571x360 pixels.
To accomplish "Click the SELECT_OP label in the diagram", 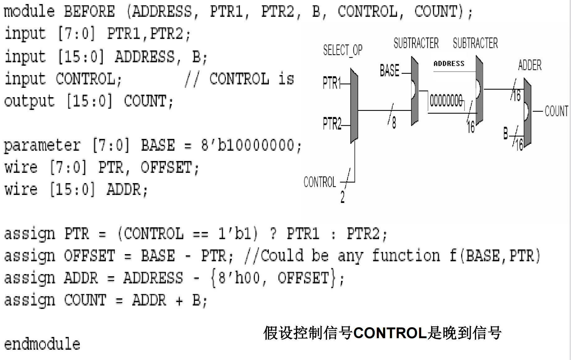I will (x=343, y=50).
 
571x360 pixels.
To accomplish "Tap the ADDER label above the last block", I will (x=530, y=65).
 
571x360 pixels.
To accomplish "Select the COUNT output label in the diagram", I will (x=556, y=111).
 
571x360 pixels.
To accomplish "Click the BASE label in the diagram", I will (x=390, y=71).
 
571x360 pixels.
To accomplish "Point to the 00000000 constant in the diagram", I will (x=446, y=101).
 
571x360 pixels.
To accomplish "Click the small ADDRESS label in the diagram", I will (x=449, y=64).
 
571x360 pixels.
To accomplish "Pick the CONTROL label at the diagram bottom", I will (x=320, y=182).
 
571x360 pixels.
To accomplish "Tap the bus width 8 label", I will (x=394, y=123).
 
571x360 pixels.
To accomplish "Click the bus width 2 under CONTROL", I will (x=343, y=197).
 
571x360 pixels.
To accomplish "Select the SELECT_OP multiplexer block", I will (x=354, y=106).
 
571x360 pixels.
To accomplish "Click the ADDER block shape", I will (x=527, y=112).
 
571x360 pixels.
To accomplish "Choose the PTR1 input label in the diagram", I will (x=331, y=83).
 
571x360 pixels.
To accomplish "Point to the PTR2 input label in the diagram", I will (x=332, y=124).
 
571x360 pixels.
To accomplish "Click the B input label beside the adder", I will (x=506, y=134).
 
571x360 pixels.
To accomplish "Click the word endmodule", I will (x=42, y=344).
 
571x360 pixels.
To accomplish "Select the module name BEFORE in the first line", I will (x=89, y=12).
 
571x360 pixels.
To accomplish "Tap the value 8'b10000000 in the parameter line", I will (x=251, y=145).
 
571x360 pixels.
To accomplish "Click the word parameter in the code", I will (x=42, y=145).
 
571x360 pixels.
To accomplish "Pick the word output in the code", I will (x=30, y=101).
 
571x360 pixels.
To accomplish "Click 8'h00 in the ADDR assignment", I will (x=239, y=278).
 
